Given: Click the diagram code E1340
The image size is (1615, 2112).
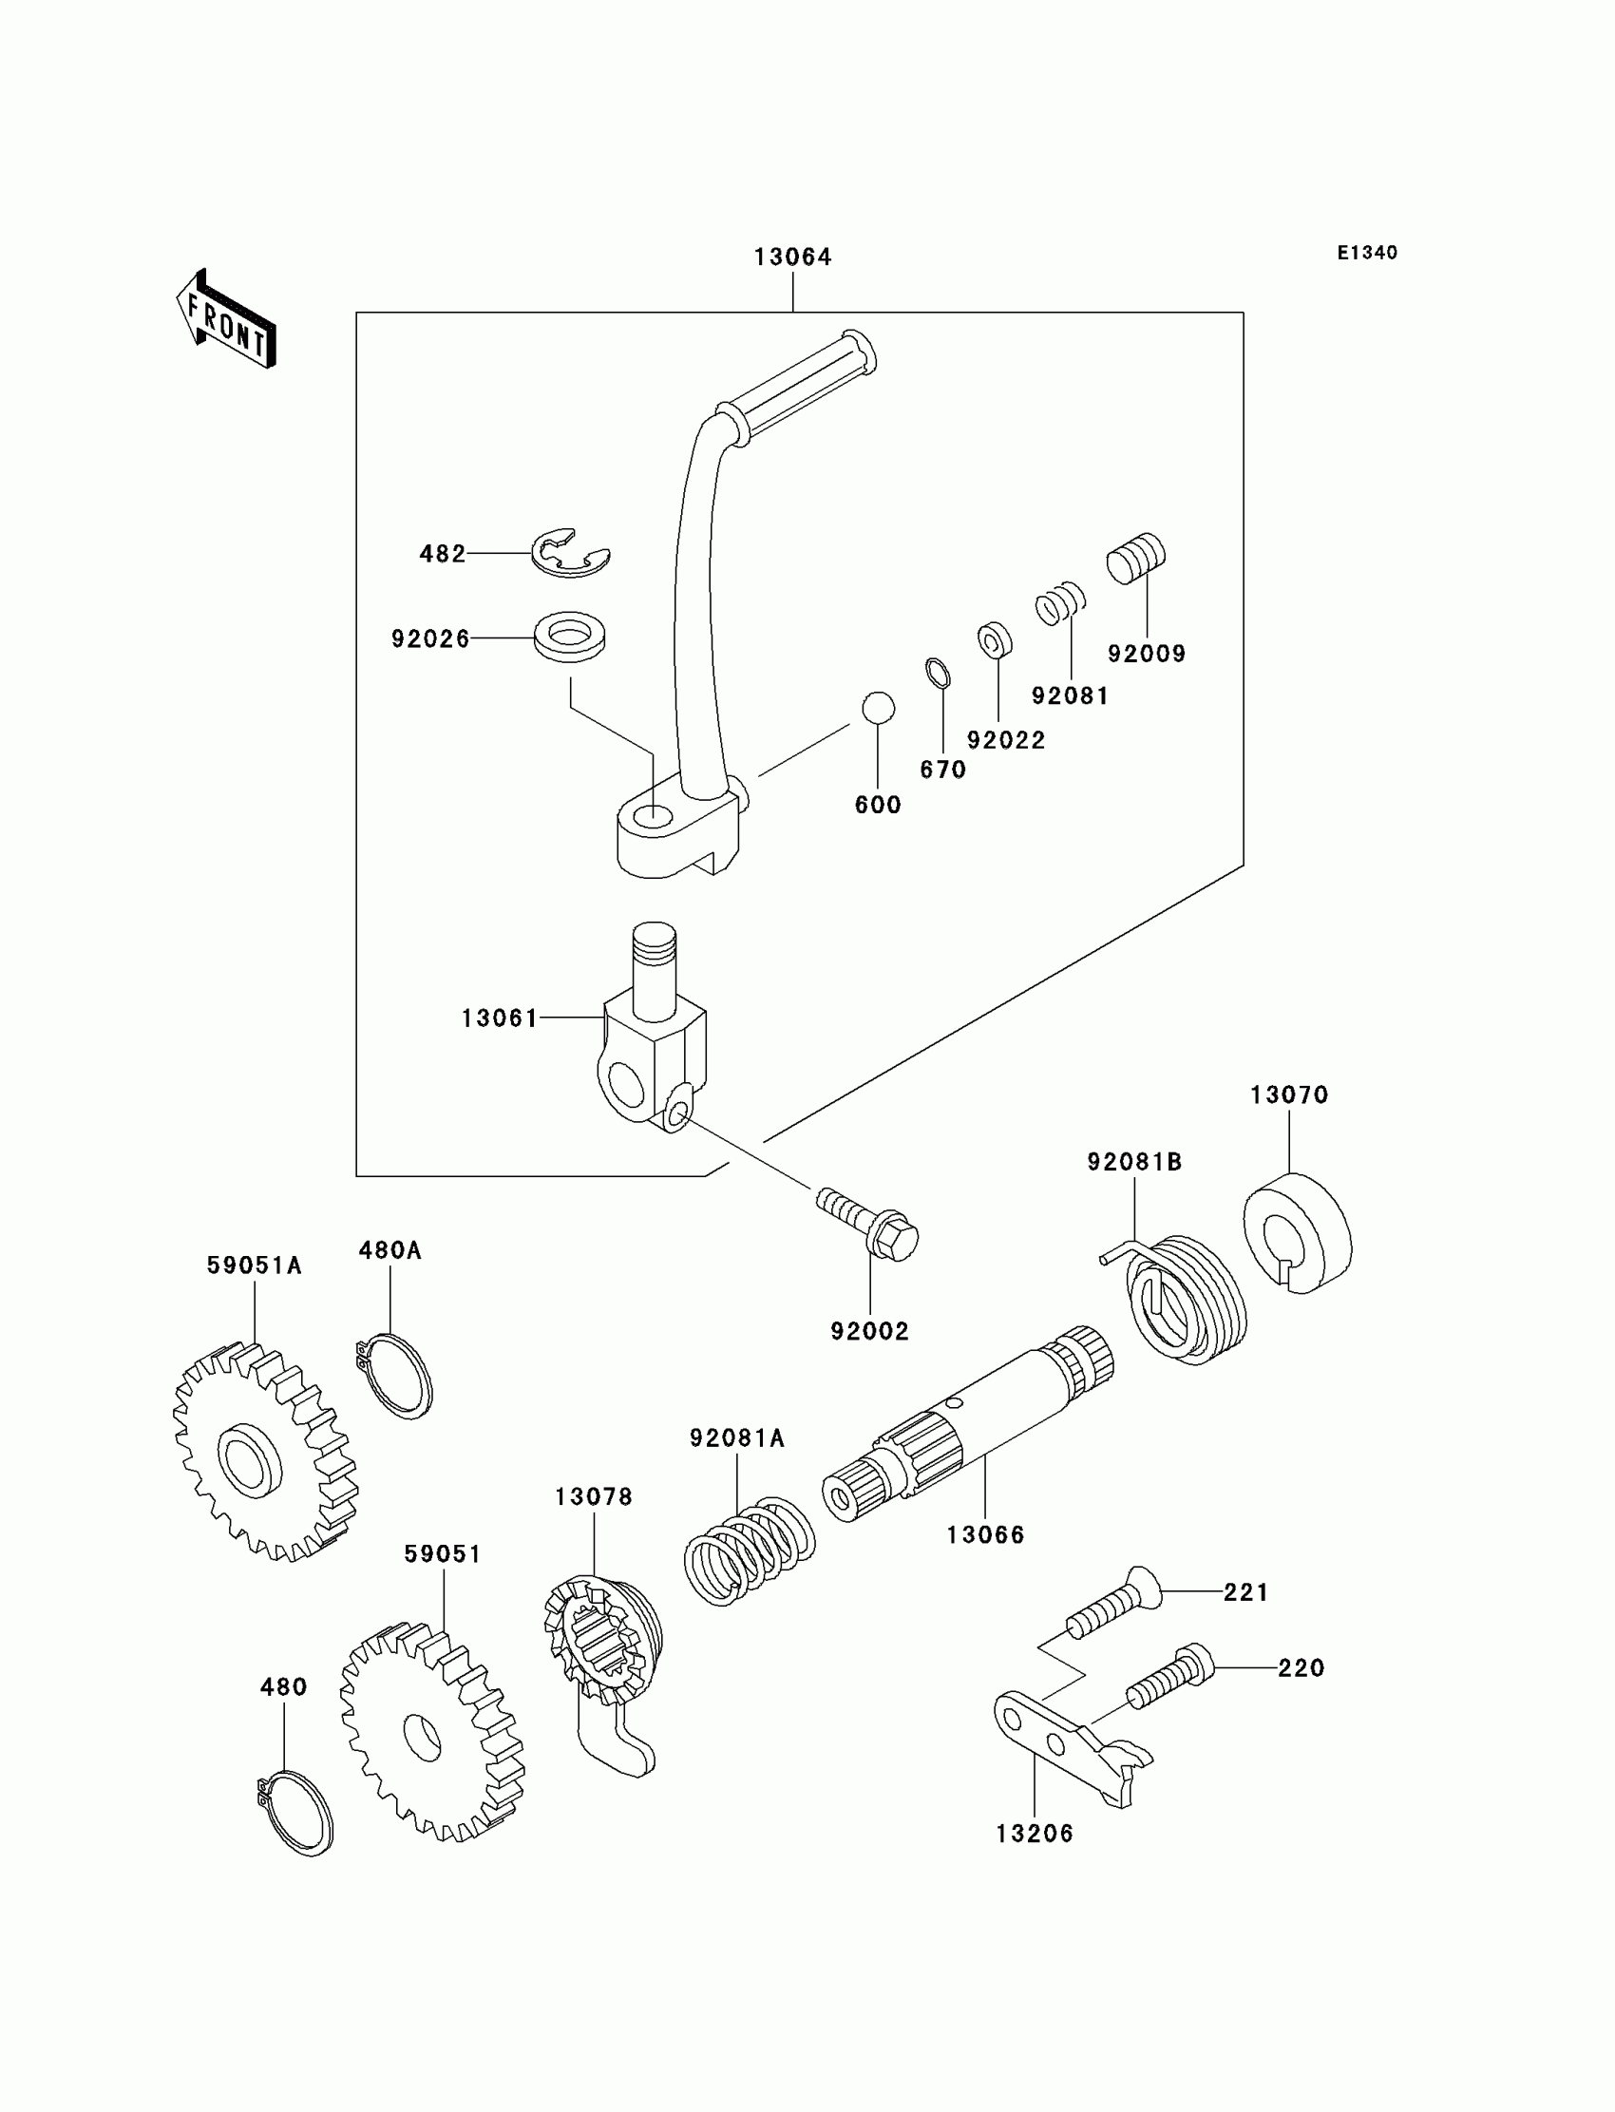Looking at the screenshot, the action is tap(1367, 253).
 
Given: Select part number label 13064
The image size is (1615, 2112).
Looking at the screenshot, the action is tap(793, 257).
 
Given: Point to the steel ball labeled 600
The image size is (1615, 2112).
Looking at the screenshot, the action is tap(878, 709).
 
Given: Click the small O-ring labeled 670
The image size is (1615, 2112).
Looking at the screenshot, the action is tap(940, 673).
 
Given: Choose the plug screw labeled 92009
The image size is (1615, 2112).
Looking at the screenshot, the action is tap(1136, 559).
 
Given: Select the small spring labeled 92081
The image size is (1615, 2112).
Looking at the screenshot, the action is tap(1060, 603).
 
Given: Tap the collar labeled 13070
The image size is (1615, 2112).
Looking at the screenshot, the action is tap(1298, 1233).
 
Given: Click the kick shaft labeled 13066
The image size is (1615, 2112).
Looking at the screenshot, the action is tap(969, 1423).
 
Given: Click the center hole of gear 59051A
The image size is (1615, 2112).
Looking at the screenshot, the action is tap(250, 1459).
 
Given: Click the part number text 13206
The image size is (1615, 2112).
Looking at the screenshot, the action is tap(1035, 1834).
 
